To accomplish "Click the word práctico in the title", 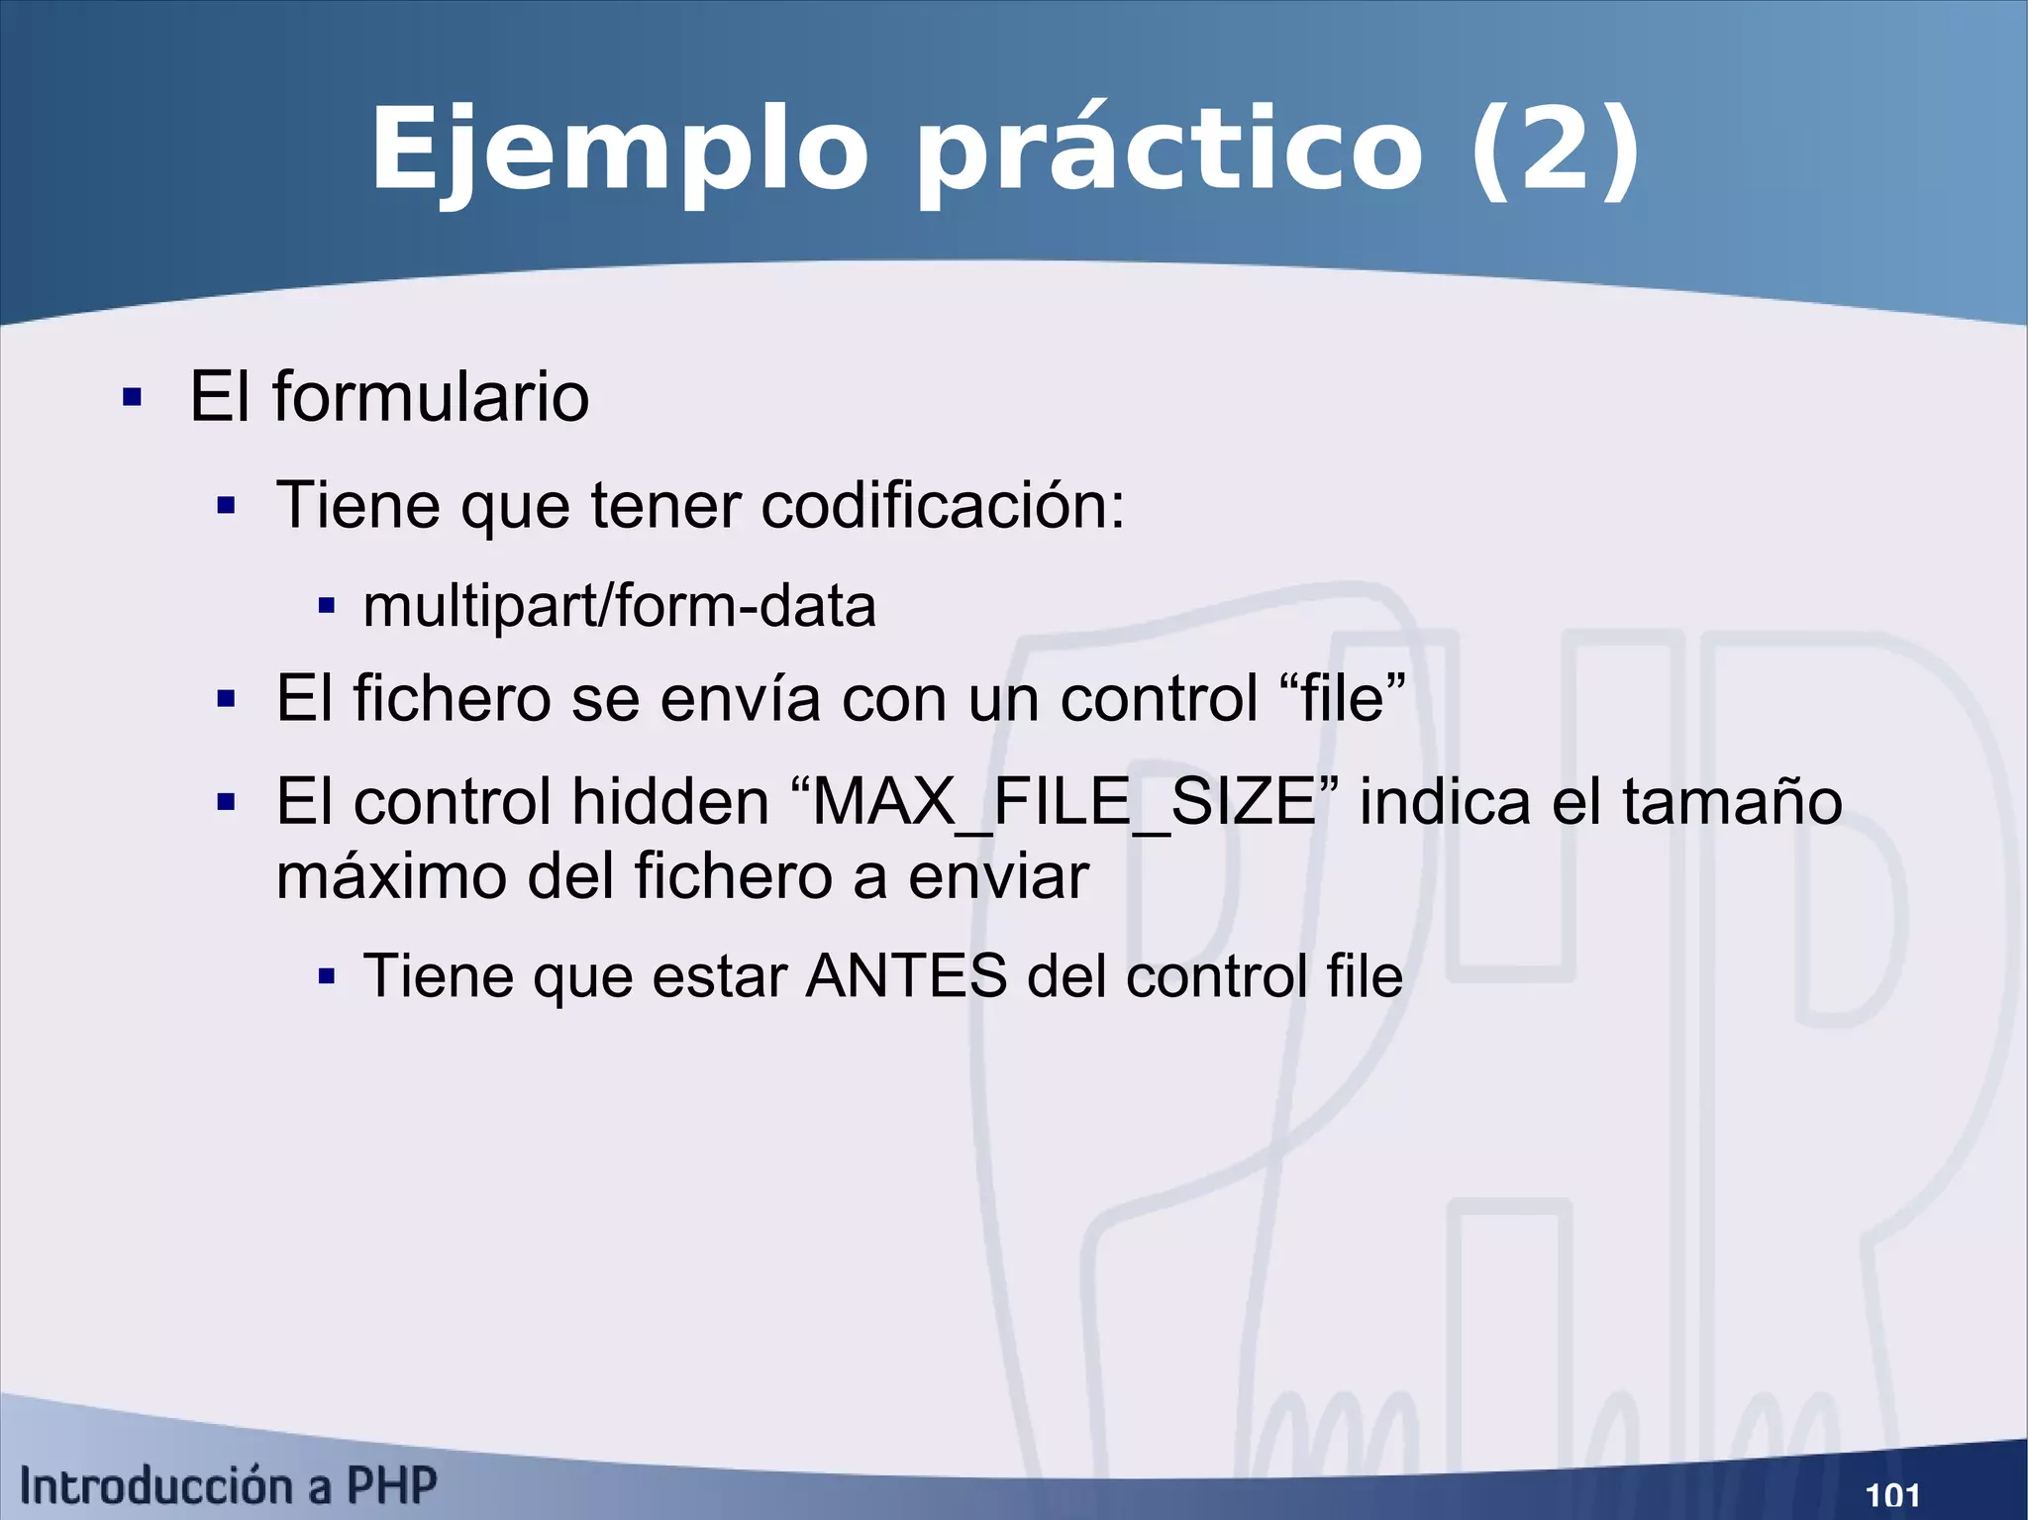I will (1168, 151).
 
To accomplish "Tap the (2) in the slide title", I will (1554, 151).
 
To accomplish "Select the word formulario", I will (431, 397).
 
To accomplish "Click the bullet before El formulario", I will (132, 398).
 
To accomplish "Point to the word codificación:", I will (943, 506).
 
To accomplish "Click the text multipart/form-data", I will (620, 606).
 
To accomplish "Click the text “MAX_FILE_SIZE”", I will (1065, 801).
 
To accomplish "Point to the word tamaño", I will (1732, 801).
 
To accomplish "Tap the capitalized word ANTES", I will (906, 976).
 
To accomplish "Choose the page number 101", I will (1892, 1494).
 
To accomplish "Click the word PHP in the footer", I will (391, 1486).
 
